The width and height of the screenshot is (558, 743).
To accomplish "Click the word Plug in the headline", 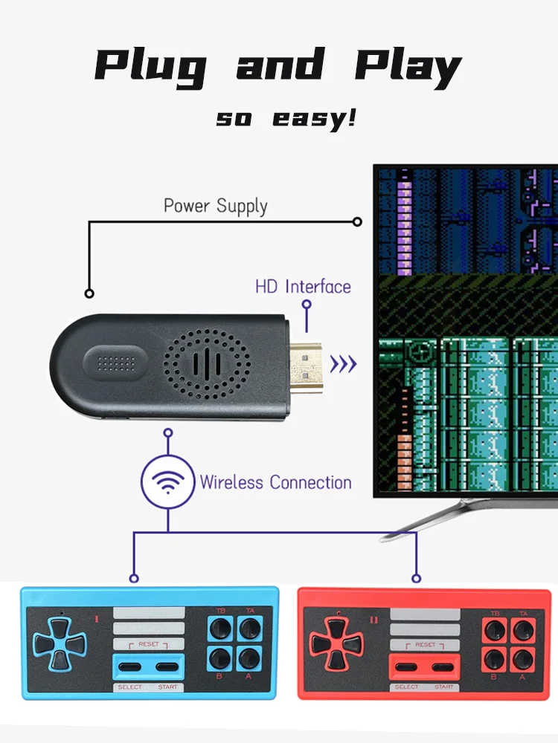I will coord(152,67).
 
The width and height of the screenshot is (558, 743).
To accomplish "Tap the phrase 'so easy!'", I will coord(286,117).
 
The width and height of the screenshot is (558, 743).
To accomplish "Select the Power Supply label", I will coord(215,206).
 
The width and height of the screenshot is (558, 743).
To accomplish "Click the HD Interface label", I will coord(303,287).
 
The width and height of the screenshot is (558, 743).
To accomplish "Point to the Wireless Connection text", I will coord(275,482).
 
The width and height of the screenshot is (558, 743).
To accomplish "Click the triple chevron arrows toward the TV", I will coord(343,364).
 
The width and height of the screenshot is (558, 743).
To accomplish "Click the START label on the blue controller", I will coord(168,687).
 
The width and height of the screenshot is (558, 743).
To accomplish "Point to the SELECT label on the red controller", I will coord(406,687).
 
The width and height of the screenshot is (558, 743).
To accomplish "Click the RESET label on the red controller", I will coord(425,645).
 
